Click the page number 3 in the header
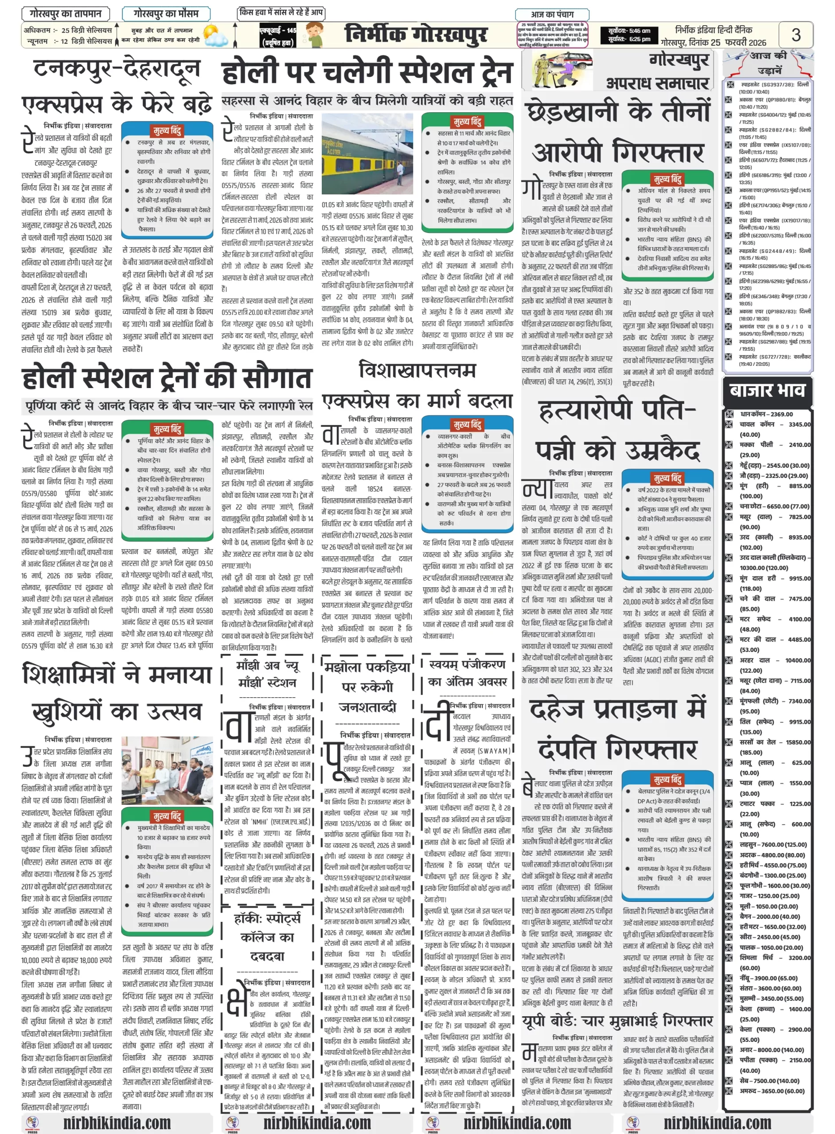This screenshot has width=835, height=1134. click(x=796, y=35)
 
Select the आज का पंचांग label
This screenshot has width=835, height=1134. click(x=552, y=14)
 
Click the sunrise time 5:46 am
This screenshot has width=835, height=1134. click(x=629, y=31)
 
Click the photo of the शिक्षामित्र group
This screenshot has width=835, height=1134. click(x=167, y=769)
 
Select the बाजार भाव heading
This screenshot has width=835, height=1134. click(x=767, y=390)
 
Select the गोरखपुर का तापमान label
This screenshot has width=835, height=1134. click(x=65, y=14)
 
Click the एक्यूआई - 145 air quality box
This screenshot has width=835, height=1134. click(x=277, y=36)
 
